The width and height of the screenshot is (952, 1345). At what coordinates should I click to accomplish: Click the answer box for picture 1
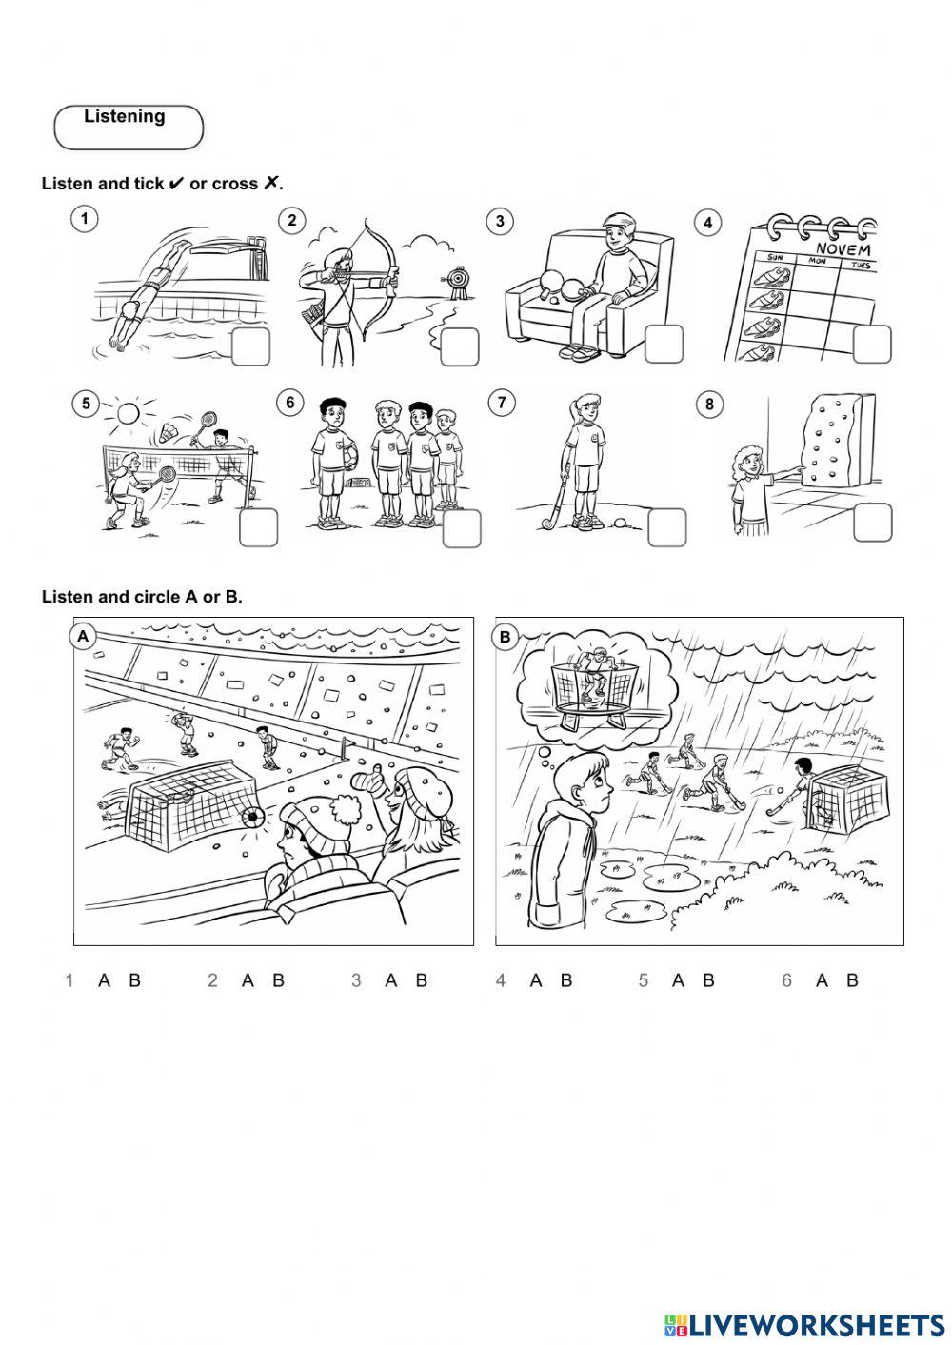point(250,347)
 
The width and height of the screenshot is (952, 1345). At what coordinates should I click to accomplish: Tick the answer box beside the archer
point(460,347)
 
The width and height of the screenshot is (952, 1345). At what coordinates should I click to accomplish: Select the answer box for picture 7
point(666,527)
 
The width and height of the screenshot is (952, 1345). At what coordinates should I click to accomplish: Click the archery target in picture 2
point(458,280)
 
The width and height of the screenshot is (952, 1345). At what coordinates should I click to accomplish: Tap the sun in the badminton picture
point(128,413)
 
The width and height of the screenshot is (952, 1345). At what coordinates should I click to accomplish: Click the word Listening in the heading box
point(125,116)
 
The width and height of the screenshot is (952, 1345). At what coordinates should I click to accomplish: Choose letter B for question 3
point(422,980)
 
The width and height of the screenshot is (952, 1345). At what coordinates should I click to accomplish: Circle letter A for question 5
point(678,980)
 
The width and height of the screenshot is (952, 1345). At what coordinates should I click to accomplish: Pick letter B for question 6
point(852,980)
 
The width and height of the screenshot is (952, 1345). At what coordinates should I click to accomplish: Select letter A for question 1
point(104,980)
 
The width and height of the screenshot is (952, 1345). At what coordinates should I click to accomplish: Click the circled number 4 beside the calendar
point(707,223)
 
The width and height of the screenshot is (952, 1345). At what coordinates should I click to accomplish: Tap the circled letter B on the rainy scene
point(506,637)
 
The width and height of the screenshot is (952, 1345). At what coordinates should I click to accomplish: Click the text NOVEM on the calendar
point(843,247)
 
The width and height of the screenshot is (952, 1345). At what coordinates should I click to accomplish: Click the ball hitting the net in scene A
point(251,817)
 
